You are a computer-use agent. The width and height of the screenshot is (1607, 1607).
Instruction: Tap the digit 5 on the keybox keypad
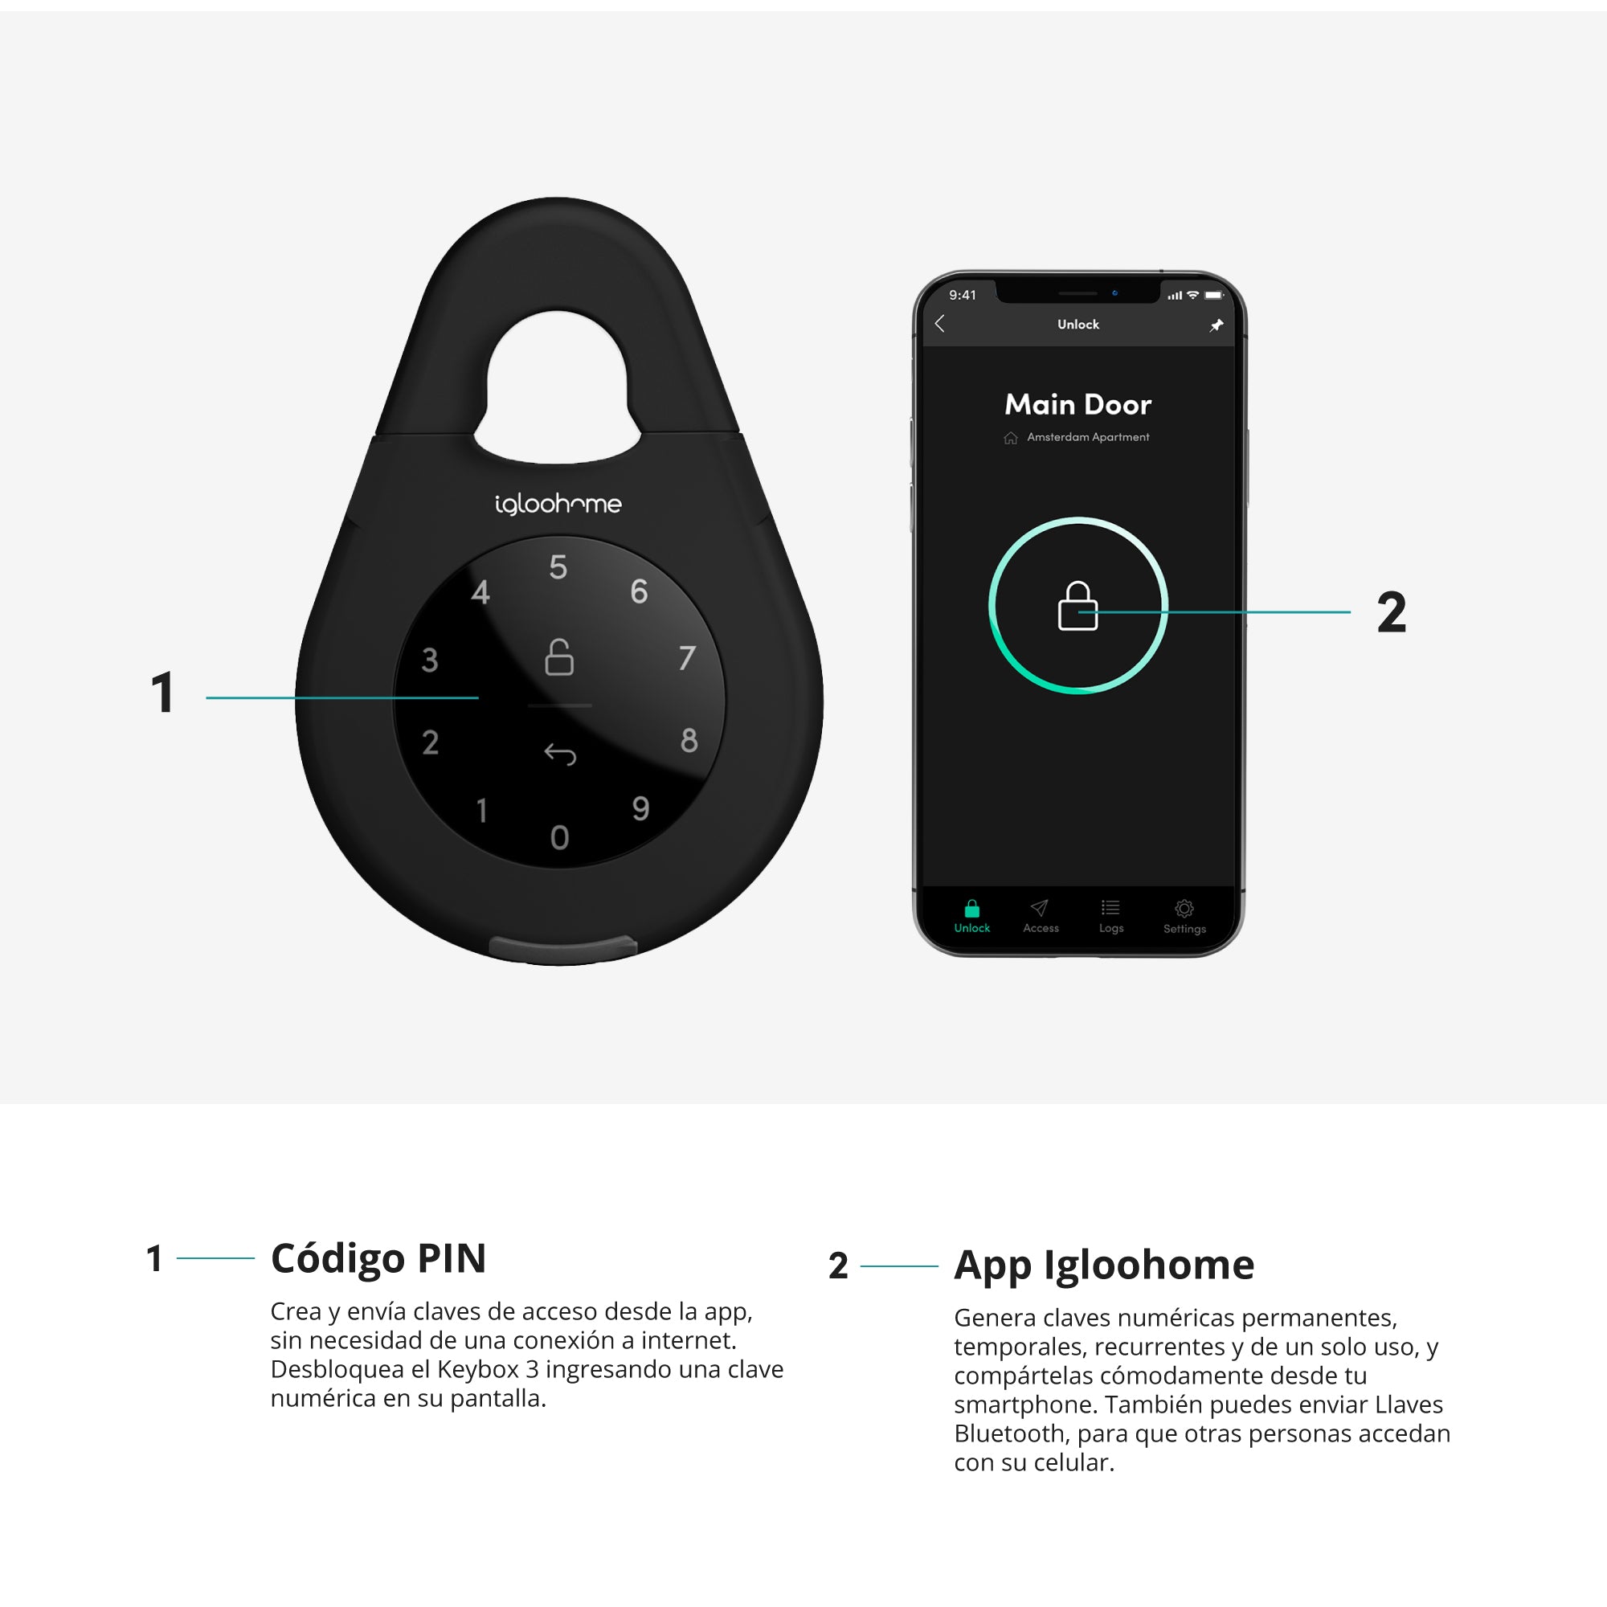[558, 567]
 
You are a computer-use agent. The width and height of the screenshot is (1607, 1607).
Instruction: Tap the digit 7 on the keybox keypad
[687, 658]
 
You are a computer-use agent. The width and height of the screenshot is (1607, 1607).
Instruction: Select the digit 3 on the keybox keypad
[429, 660]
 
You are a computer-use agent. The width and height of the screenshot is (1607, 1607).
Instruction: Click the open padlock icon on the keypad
[559, 656]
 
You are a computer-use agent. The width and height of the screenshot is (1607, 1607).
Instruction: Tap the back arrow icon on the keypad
[560, 754]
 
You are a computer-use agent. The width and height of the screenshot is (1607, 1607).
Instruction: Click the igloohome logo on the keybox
[558, 504]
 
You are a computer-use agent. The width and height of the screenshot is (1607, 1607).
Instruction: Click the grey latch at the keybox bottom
[563, 947]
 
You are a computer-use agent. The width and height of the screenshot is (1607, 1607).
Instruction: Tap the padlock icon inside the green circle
[1077, 606]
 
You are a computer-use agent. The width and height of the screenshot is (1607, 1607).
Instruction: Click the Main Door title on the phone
[1078, 404]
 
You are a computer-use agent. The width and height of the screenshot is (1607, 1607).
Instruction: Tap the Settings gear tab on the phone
[1184, 916]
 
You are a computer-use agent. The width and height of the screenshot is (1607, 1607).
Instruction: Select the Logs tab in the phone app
[1111, 916]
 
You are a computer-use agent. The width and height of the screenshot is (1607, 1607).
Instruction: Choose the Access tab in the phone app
[1041, 916]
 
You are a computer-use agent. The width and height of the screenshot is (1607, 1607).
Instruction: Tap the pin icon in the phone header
[1216, 325]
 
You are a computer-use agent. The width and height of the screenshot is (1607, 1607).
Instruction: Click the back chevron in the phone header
[940, 324]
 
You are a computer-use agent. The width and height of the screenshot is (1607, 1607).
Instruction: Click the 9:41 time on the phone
[963, 295]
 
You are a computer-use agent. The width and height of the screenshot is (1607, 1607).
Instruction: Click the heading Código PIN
[378, 1259]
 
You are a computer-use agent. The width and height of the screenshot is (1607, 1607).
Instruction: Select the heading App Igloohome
[1104, 1266]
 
